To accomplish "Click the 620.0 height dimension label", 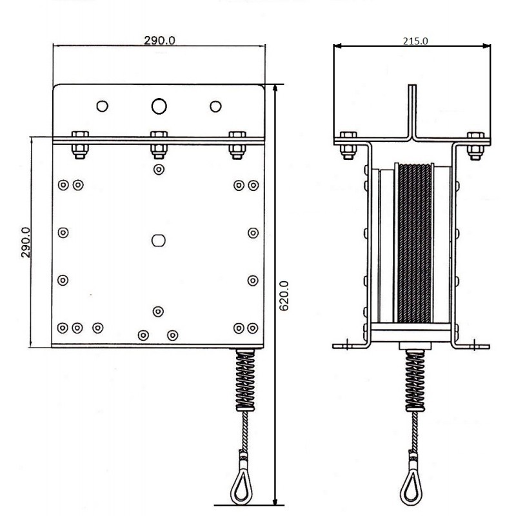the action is tap(284, 295).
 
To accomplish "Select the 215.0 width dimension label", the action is tap(415, 41).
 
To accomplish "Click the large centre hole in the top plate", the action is tap(159, 106).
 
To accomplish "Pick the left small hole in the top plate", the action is tap(103, 106).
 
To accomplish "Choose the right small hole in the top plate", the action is tap(215, 106).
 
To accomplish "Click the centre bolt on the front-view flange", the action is tap(159, 145).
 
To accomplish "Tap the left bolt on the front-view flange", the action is tap(80, 145).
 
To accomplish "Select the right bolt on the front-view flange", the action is tap(237, 145).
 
